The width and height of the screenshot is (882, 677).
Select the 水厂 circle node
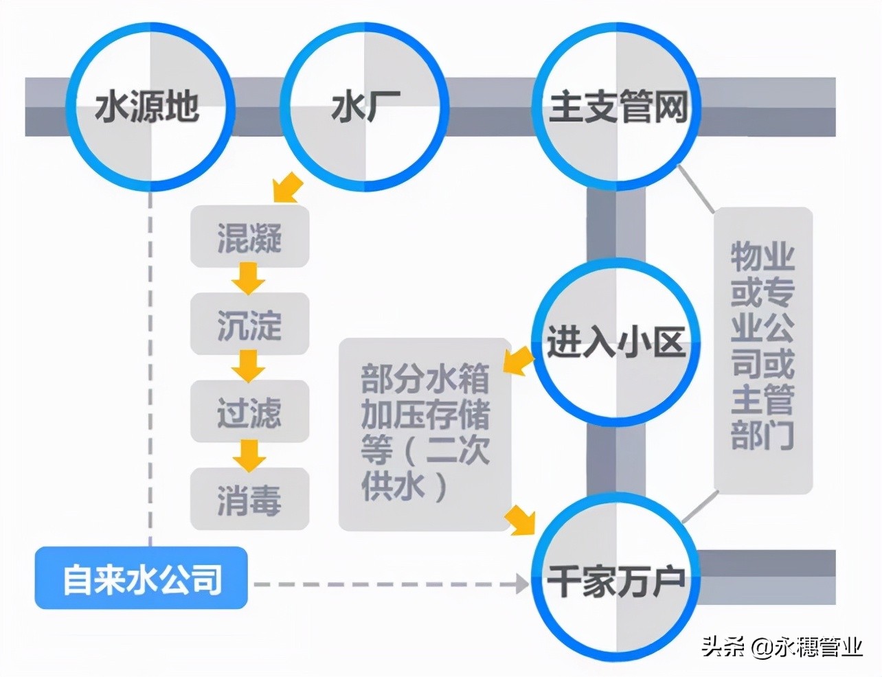click(365, 108)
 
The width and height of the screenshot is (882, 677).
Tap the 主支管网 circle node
click(618, 108)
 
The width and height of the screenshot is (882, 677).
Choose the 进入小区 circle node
click(616, 342)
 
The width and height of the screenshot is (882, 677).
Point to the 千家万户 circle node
click(616, 581)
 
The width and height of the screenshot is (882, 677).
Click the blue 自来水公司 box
click(142, 578)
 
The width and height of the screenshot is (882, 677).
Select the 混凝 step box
click(249, 238)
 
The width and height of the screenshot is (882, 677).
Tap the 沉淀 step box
click(249, 324)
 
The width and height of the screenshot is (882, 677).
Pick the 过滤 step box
click(249, 412)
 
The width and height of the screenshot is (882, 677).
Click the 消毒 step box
click(249, 499)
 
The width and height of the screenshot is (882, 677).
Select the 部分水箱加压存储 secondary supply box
click(425, 434)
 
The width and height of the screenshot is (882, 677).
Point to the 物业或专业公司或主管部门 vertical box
click(762, 350)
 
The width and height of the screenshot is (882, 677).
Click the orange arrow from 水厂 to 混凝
click(288, 187)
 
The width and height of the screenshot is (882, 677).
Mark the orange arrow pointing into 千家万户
click(521, 520)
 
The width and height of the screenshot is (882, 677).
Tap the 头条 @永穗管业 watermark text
click(782, 646)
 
